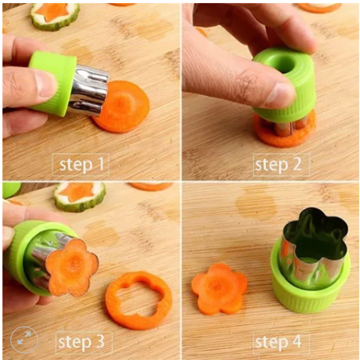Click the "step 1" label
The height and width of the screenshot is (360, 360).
tap(81, 164)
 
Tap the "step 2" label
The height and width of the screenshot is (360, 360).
tap(279, 164)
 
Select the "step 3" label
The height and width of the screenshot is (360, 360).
tap(81, 341)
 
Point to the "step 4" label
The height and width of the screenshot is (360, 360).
tap(279, 341)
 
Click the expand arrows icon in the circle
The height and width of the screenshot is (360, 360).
tap(24, 340)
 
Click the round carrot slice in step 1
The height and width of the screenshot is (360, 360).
tap(125, 107)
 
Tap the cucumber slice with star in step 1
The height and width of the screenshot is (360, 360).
tap(55, 16)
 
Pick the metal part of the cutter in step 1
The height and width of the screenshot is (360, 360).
tap(88, 91)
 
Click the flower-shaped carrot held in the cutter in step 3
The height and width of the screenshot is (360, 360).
tap(72, 267)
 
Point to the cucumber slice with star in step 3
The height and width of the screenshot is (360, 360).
tap(80, 196)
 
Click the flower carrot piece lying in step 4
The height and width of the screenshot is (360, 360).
tap(219, 289)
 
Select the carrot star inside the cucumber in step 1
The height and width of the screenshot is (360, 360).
tap(52, 12)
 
